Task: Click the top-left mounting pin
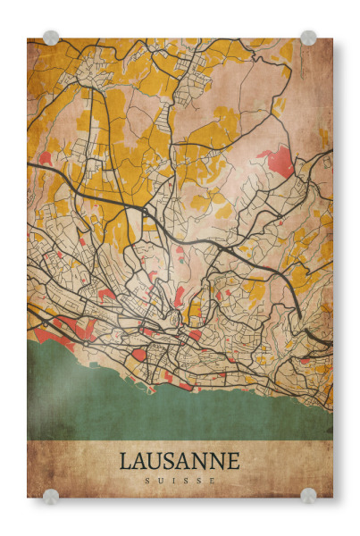[51, 38]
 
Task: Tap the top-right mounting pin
[308, 38]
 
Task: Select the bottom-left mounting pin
[51, 496]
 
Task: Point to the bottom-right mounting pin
[308, 496]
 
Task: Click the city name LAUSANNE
[180, 461]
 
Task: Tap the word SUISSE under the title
[180, 481]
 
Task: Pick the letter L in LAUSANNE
[125, 461]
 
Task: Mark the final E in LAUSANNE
[234, 461]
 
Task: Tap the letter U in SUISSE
[158, 481]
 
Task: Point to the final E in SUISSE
[213, 481]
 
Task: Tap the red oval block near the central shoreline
[139, 355]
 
